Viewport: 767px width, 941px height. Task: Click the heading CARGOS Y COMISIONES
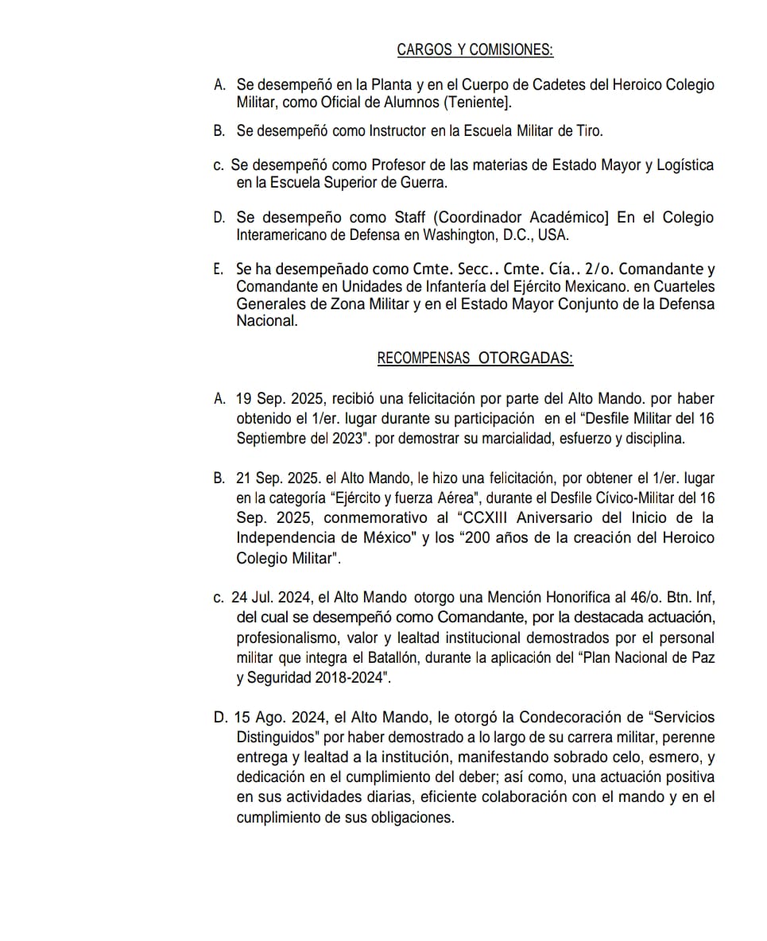point(475,50)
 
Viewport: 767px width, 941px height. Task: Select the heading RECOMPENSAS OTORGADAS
point(475,358)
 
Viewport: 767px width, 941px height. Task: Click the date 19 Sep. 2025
point(277,399)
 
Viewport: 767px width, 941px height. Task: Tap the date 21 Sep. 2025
point(277,478)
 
